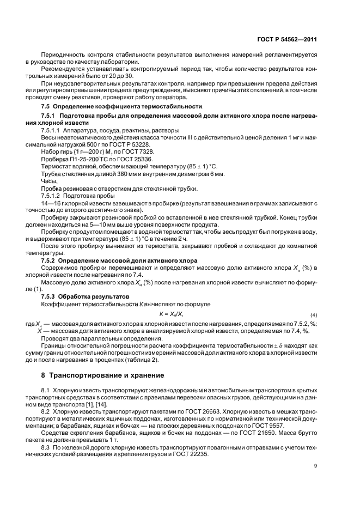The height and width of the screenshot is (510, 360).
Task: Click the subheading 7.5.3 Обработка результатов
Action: click(x=78, y=296)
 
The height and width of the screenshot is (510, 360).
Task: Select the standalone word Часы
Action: click(x=48, y=180)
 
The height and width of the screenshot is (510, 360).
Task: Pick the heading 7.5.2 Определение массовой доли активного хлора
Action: click(x=119, y=260)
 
